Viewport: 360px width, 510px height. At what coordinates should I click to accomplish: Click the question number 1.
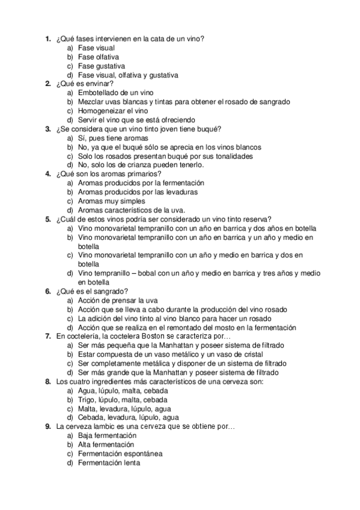(x=47, y=38)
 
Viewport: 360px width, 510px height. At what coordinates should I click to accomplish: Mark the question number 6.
(x=47, y=291)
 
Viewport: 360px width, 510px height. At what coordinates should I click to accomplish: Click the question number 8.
(x=47, y=381)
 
